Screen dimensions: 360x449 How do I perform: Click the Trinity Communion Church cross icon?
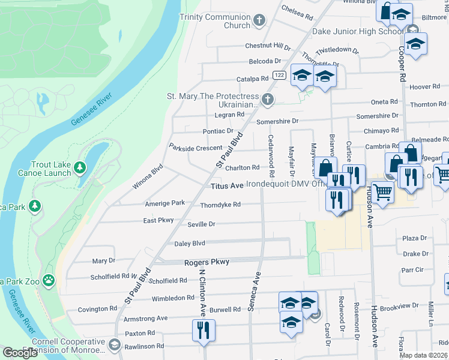click(x=260, y=21)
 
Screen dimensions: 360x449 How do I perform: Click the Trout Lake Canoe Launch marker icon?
click(x=79, y=166)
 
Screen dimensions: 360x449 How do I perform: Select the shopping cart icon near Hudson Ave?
click(x=382, y=193)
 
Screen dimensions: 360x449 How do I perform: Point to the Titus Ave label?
click(x=227, y=186)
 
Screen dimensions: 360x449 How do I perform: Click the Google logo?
click(x=20, y=353)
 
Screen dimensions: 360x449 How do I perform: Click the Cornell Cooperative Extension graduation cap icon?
click(x=115, y=346)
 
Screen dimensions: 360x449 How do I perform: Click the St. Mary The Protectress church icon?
click(x=268, y=99)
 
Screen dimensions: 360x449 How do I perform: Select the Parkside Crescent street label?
click(x=196, y=148)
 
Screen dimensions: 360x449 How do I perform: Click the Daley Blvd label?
click(x=190, y=243)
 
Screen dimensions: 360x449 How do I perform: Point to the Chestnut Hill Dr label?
click(x=267, y=46)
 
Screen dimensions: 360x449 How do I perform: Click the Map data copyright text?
click(x=424, y=355)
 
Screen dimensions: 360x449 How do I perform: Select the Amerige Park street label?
click(x=165, y=203)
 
